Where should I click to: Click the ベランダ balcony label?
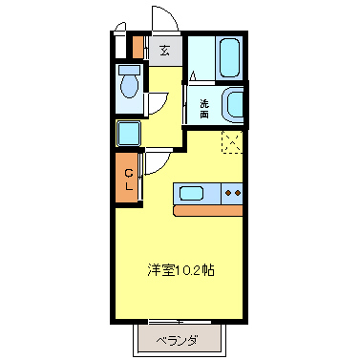point(178,340)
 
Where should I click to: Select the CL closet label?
point(129,180)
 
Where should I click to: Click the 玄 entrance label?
point(165,51)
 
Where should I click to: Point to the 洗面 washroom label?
point(204,108)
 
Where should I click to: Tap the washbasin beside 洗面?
point(235,105)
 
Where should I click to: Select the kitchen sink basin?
point(192,194)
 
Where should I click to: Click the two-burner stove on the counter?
point(233,194)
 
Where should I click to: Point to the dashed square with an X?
point(232,140)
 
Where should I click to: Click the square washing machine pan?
point(129,133)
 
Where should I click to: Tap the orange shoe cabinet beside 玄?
point(138,47)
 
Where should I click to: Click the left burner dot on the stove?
point(228,194)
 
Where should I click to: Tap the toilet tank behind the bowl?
point(128,72)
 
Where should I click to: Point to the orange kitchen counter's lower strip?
point(208,208)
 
